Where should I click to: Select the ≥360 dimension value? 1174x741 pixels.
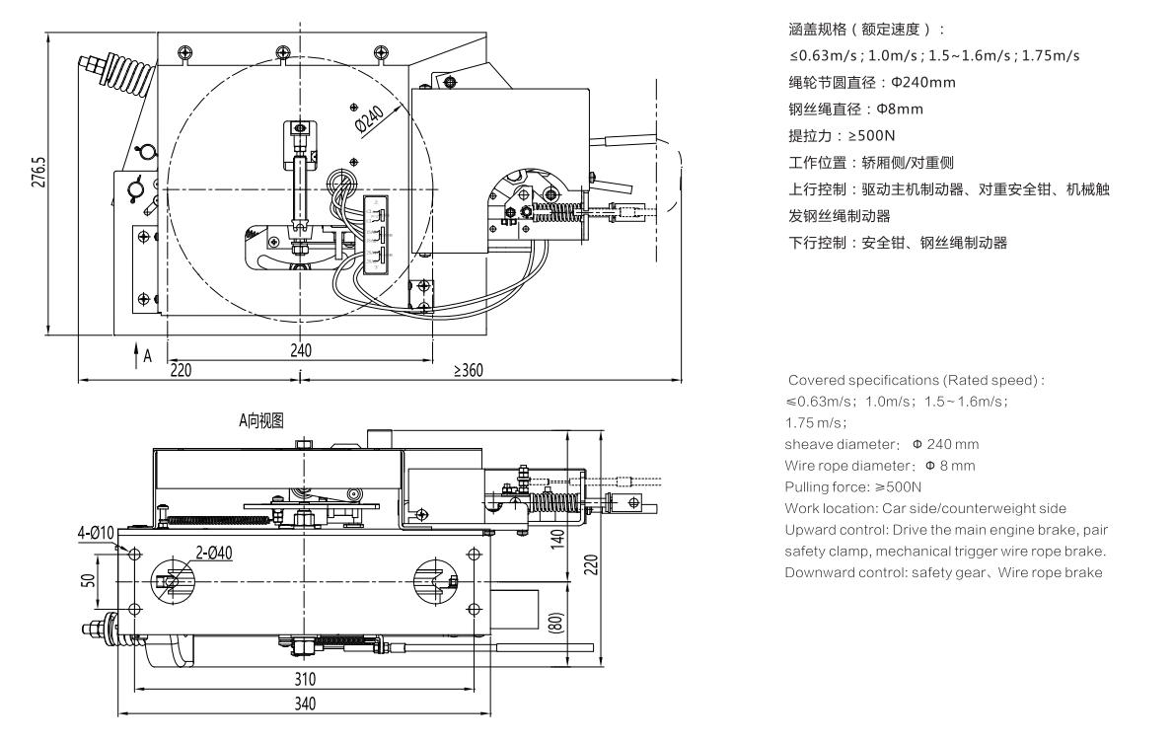coord(469,370)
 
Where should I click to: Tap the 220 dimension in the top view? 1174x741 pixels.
coord(182,370)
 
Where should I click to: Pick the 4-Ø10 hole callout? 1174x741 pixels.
coord(96,534)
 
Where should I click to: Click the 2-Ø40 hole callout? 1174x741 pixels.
coord(213,554)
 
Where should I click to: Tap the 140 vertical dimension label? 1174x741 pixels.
coord(557,539)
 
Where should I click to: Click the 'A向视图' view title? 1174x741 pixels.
coord(261,420)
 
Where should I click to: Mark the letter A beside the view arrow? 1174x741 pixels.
coord(147,355)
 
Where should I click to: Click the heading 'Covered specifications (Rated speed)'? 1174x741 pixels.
coord(916,380)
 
